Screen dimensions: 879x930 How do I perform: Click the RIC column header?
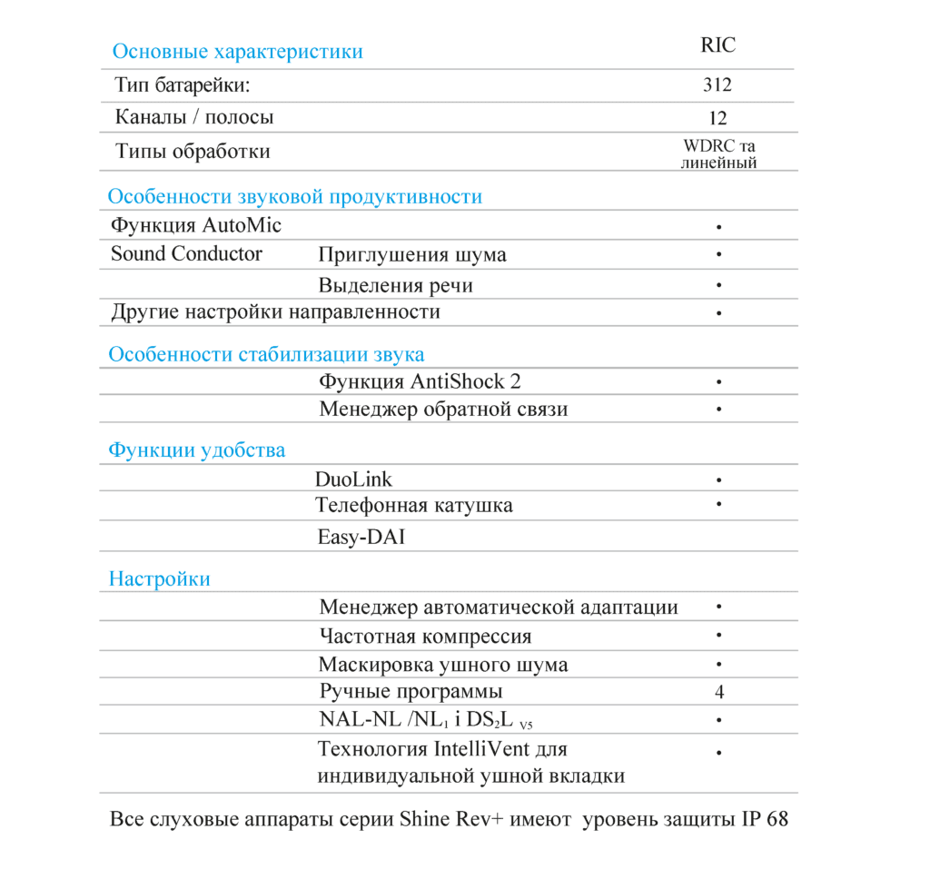click(x=717, y=45)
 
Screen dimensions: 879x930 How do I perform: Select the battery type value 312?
click(x=717, y=85)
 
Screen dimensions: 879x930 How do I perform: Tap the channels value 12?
click(x=717, y=118)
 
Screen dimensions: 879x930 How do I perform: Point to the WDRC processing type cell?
click(x=718, y=153)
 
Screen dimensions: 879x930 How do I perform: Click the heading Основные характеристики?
click(x=237, y=51)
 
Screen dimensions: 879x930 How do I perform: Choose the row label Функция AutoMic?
click(x=196, y=225)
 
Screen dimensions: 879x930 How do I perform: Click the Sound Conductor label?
click(x=186, y=253)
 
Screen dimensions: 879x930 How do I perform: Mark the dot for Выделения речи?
click(x=718, y=285)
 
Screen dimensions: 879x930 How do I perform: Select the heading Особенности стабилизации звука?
click(x=266, y=354)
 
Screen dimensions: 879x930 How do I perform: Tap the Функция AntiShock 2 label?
click(x=420, y=381)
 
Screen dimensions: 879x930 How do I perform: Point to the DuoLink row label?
click(x=353, y=479)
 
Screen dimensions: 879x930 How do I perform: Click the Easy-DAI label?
click(x=361, y=537)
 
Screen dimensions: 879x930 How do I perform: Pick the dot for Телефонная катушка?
click(x=718, y=502)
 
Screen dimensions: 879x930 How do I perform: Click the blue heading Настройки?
click(x=159, y=578)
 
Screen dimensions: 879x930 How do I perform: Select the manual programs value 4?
click(x=718, y=692)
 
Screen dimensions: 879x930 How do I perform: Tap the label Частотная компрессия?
click(x=425, y=636)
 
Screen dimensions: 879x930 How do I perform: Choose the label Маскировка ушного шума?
click(x=443, y=664)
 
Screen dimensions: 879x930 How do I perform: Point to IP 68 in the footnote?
click(x=765, y=818)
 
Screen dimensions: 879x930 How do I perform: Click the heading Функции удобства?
click(x=196, y=449)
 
